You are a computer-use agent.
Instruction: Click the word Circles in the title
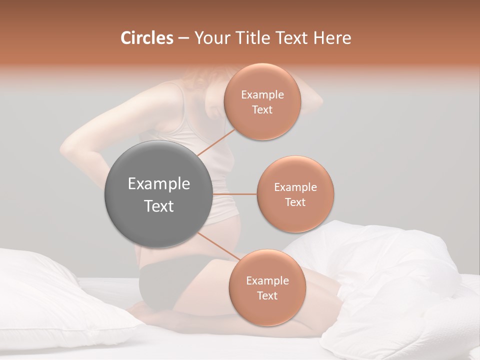click(146, 38)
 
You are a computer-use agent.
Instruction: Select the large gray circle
click(158, 194)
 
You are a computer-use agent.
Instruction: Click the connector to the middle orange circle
click(234, 194)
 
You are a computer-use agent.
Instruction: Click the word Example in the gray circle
click(158, 184)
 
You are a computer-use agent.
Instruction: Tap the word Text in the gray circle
click(158, 206)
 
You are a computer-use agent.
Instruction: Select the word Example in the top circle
click(262, 95)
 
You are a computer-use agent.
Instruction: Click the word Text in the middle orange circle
click(295, 202)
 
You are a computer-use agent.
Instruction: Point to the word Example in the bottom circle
click(267, 281)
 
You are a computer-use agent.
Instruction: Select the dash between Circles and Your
click(183, 38)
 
